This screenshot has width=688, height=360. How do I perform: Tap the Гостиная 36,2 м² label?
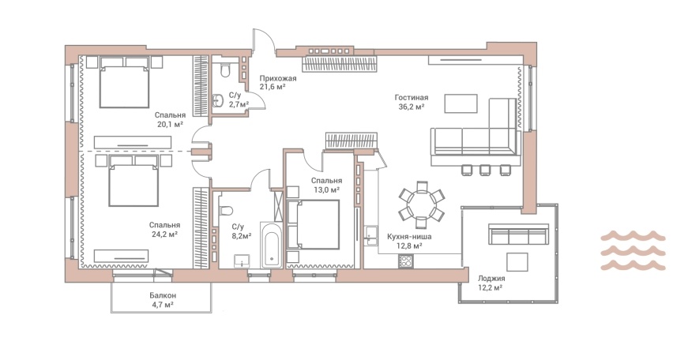(411, 102)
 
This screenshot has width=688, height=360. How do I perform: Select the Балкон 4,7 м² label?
(163, 300)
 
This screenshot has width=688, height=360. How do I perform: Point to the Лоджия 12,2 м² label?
(491, 283)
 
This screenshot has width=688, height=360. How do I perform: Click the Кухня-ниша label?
(409, 237)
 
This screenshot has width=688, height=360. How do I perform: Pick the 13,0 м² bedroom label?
(326, 185)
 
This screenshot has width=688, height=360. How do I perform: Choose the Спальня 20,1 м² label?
(170, 119)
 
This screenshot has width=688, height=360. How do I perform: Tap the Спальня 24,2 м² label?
(164, 229)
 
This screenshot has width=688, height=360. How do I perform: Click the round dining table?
(422, 204)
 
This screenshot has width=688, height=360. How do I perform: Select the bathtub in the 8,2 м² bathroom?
(271, 245)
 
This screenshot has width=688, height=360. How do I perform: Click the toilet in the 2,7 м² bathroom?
(226, 70)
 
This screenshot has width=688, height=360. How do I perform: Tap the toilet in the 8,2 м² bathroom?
(225, 211)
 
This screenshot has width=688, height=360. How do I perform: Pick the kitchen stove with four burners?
(405, 261)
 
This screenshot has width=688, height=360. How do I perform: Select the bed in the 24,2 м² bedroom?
(133, 180)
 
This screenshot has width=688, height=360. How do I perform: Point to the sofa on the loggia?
(519, 234)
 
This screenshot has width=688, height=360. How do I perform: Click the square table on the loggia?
(517, 262)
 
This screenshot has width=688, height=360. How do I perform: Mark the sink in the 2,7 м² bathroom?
(218, 100)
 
